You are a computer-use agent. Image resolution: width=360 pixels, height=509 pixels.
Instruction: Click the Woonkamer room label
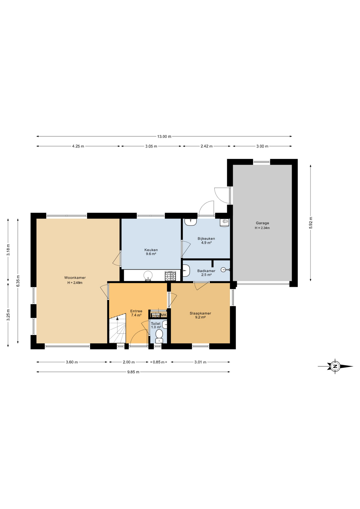[75, 278]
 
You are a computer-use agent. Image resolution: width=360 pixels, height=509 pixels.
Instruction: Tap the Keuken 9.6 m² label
[151, 252]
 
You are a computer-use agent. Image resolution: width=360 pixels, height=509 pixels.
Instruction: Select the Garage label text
[262, 223]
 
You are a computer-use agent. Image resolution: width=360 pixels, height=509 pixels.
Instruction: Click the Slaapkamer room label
[200, 313]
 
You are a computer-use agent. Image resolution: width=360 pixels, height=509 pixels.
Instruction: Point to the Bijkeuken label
[206, 239]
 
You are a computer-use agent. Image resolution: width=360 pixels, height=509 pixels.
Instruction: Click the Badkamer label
[206, 271]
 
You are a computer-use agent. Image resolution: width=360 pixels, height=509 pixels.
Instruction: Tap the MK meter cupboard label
[164, 315]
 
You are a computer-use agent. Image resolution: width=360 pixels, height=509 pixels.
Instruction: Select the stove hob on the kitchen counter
[170, 276]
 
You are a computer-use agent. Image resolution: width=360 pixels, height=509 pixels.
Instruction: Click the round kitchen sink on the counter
[148, 275]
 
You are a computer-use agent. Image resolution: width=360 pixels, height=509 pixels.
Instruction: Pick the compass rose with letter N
[335, 366]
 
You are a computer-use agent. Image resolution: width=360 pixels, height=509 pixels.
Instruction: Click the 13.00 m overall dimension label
[164, 137]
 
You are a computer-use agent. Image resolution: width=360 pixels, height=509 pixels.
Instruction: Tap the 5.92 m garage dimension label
[311, 223]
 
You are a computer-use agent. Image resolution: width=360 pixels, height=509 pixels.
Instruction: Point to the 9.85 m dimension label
[133, 372]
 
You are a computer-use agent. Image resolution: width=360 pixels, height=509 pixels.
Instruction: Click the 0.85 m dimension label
[159, 362]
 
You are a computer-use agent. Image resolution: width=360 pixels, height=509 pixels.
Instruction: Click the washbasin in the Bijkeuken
[191, 222]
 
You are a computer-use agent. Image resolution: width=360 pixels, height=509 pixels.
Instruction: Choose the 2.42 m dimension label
[207, 146]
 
